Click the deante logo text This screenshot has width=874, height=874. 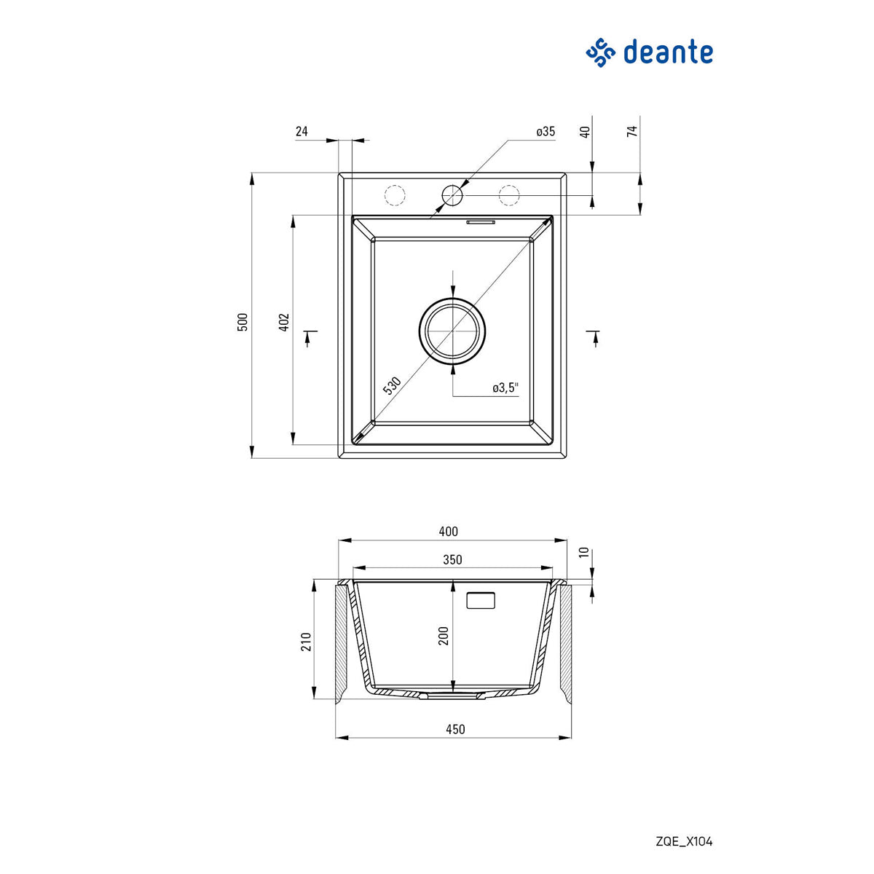pyautogui.click(x=667, y=52)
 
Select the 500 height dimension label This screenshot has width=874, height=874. pyautogui.click(x=243, y=322)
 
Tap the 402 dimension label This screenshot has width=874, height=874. pyautogui.click(x=285, y=322)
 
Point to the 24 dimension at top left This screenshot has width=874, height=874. pyautogui.click(x=302, y=132)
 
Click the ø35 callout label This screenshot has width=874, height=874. pyautogui.click(x=546, y=132)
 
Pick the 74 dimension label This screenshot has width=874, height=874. pyautogui.click(x=632, y=131)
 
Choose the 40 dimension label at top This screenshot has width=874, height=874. pyautogui.click(x=585, y=132)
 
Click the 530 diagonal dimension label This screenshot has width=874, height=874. pyautogui.click(x=392, y=385)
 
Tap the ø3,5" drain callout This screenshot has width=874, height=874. pyautogui.click(x=505, y=388)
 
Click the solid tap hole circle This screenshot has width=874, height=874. pyautogui.click(x=452, y=195)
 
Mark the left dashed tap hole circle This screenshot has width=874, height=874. pyautogui.click(x=394, y=195)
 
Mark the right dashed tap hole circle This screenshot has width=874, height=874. pyautogui.click(x=509, y=195)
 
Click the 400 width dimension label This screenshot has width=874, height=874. pyautogui.click(x=449, y=532)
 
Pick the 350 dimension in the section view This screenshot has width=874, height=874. pyautogui.click(x=452, y=560)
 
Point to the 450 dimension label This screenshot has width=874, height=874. pyautogui.click(x=454, y=729)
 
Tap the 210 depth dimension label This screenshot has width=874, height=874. pyautogui.click(x=306, y=642)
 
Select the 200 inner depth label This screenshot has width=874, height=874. pyautogui.click(x=444, y=636)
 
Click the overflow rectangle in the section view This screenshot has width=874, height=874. pyautogui.click(x=481, y=600)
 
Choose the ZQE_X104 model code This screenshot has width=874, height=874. pyautogui.click(x=684, y=842)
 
